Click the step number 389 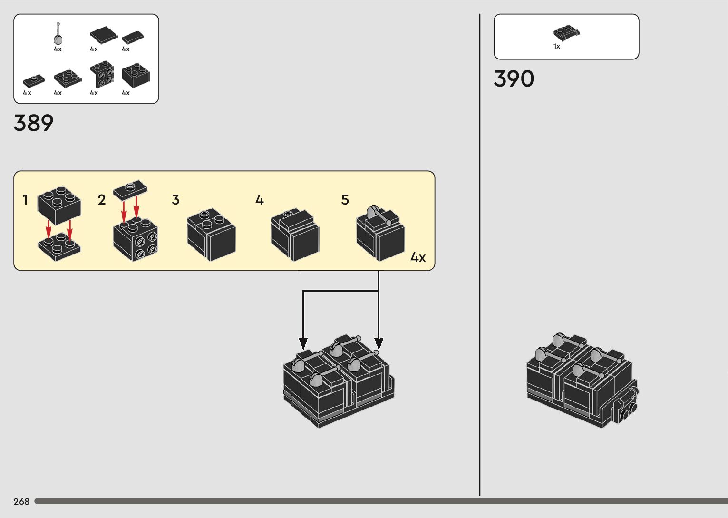(x=33, y=123)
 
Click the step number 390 (x=514, y=79)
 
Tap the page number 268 (x=21, y=501)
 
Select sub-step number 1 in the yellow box (x=25, y=200)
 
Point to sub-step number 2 (x=102, y=200)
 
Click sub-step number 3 (x=176, y=200)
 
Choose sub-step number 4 (x=260, y=200)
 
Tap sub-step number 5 (x=345, y=200)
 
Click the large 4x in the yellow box (x=418, y=258)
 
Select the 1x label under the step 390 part (x=557, y=47)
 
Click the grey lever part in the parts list (x=58, y=34)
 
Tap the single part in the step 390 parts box (x=567, y=32)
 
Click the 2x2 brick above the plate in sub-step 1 (x=59, y=205)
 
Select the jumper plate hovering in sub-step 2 (x=130, y=190)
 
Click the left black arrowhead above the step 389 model (x=303, y=343)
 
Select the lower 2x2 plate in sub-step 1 (x=59, y=246)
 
